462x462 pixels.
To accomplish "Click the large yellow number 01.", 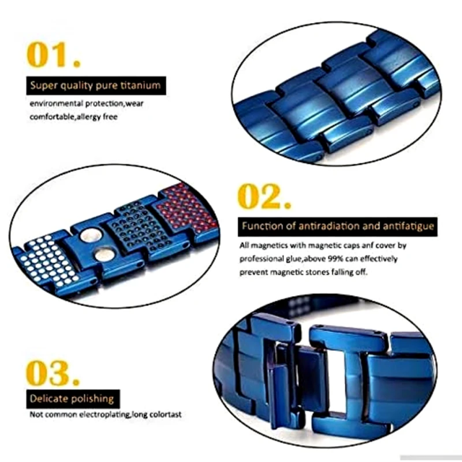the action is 53,55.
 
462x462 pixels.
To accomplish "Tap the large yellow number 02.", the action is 264,196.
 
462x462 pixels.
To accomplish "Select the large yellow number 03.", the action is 53,373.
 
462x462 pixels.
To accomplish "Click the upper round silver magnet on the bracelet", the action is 91,235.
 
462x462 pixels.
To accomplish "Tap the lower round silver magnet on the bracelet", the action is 104,255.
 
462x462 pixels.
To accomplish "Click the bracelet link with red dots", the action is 186,209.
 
